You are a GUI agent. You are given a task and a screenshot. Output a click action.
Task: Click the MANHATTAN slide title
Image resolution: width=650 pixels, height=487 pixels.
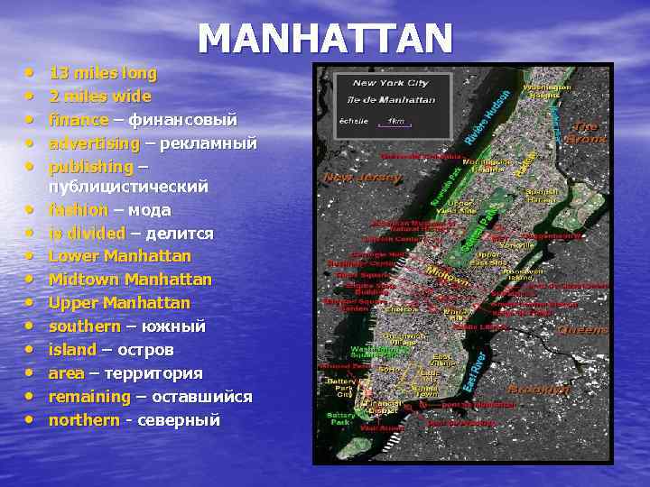point(325,38)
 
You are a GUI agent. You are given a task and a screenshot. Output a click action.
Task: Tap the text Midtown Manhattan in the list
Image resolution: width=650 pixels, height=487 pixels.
point(130,280)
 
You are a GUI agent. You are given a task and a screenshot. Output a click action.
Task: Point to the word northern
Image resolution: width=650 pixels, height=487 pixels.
point(84,420)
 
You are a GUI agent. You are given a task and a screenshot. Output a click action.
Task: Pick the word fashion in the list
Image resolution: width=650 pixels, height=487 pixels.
point(79,210)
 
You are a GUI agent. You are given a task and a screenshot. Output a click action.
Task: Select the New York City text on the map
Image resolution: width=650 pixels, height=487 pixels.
point(391,83)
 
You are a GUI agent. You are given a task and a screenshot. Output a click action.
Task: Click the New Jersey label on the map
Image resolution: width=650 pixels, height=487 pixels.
point(363,178)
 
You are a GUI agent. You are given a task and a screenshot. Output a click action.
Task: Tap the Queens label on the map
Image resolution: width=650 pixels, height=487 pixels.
point(582,330)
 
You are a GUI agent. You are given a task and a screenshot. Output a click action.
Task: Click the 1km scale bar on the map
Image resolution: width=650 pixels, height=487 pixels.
point(395,122)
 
